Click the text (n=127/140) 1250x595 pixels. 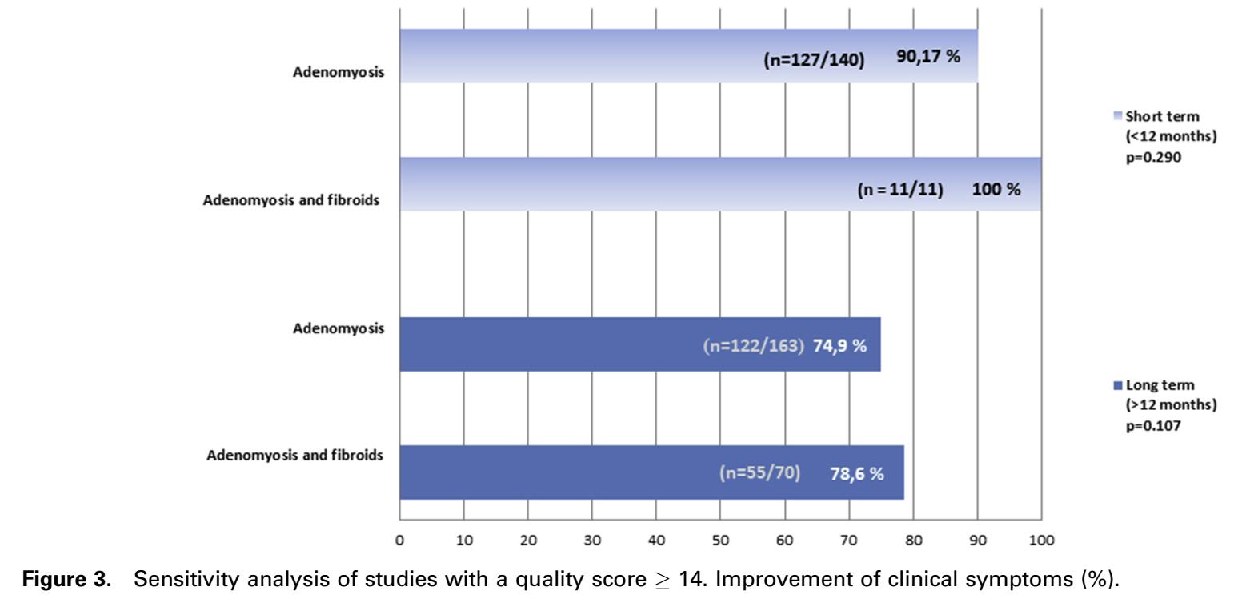813,58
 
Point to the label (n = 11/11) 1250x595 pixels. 900,191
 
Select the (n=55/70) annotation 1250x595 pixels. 759,473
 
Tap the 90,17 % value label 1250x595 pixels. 927,57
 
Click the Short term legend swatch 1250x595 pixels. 1119,117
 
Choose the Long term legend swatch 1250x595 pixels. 1119,386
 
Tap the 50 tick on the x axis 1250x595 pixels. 720,540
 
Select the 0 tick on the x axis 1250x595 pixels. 399,540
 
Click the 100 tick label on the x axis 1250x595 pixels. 1041,540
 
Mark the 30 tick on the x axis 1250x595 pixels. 591,540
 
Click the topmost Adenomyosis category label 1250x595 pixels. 339,73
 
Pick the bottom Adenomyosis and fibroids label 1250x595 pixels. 294,456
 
